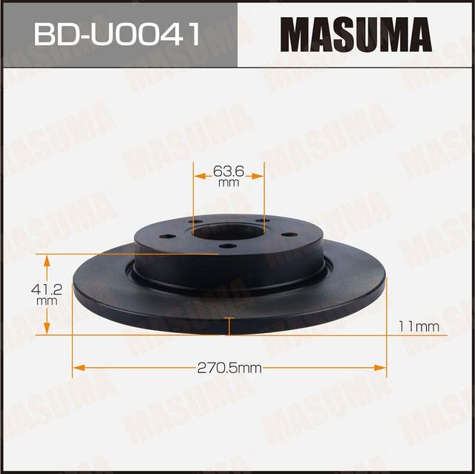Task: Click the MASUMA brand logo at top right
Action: [x=356, y=34]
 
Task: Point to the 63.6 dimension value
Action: [x=228, y=170]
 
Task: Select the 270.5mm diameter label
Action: [x=229, y=367]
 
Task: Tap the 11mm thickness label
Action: [x=419, y=326]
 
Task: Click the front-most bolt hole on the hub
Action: [x=228, y=246]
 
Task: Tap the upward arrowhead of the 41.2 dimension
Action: [x=47, y=260]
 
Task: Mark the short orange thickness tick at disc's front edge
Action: [x=229, y=326]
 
